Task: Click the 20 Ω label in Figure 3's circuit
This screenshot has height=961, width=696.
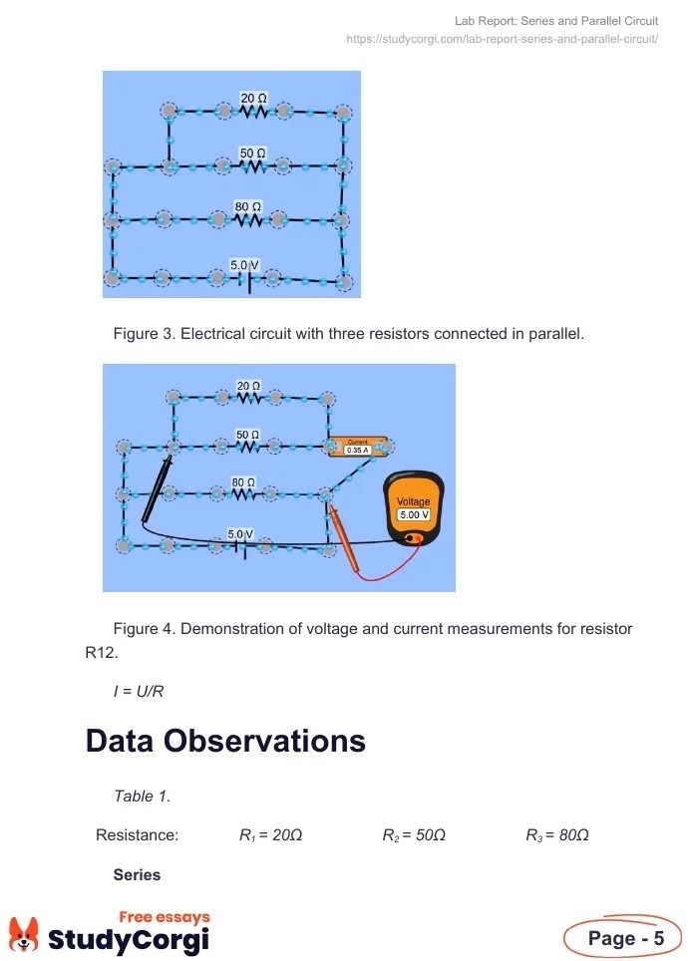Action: click(x=253, y=98)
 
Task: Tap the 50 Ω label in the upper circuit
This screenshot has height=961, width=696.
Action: click(x=253, y=152)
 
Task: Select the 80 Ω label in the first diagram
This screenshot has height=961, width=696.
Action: click(x=247, y=206)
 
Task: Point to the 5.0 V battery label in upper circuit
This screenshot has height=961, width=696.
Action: click(x=244, y=264)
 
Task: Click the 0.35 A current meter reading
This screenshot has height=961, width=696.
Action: click(x=357, y=450)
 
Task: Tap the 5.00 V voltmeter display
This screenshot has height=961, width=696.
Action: click(x=413, y=514)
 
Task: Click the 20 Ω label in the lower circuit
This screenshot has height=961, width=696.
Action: click(x=248, y=385)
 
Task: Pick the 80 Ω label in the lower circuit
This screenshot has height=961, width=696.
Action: click(x=244, y=482)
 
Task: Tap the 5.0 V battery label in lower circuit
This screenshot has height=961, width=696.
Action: click(x=239, y=534)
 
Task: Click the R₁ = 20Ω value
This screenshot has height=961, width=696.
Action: click(x=270, y=835)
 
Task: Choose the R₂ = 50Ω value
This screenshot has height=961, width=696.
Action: click(x=414, y=835)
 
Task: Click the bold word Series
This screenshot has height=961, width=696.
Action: click(x=137, y=874)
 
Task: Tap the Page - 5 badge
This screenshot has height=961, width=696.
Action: click(x=625, y=938)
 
